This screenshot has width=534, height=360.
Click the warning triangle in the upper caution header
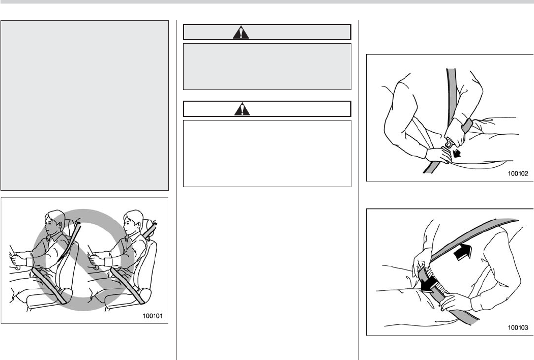[x=241, y=33]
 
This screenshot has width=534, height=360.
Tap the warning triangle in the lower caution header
[x=242, y=109]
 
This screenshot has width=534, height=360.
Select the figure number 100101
[x=153, y=316]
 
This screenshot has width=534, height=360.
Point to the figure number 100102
[x=518, y=173]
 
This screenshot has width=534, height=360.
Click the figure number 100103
[x=518, y=327]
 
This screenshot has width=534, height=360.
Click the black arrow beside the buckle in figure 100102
[x=456, y=153]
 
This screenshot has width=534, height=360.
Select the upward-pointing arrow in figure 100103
[x=463, y=252]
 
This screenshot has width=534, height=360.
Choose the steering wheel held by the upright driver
[x=93, y=258]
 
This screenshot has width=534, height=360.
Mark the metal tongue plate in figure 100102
[x=449, y=143]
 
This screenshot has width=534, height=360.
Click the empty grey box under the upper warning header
[x=267, y=67]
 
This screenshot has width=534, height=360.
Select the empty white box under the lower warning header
[x=267, y=153]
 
